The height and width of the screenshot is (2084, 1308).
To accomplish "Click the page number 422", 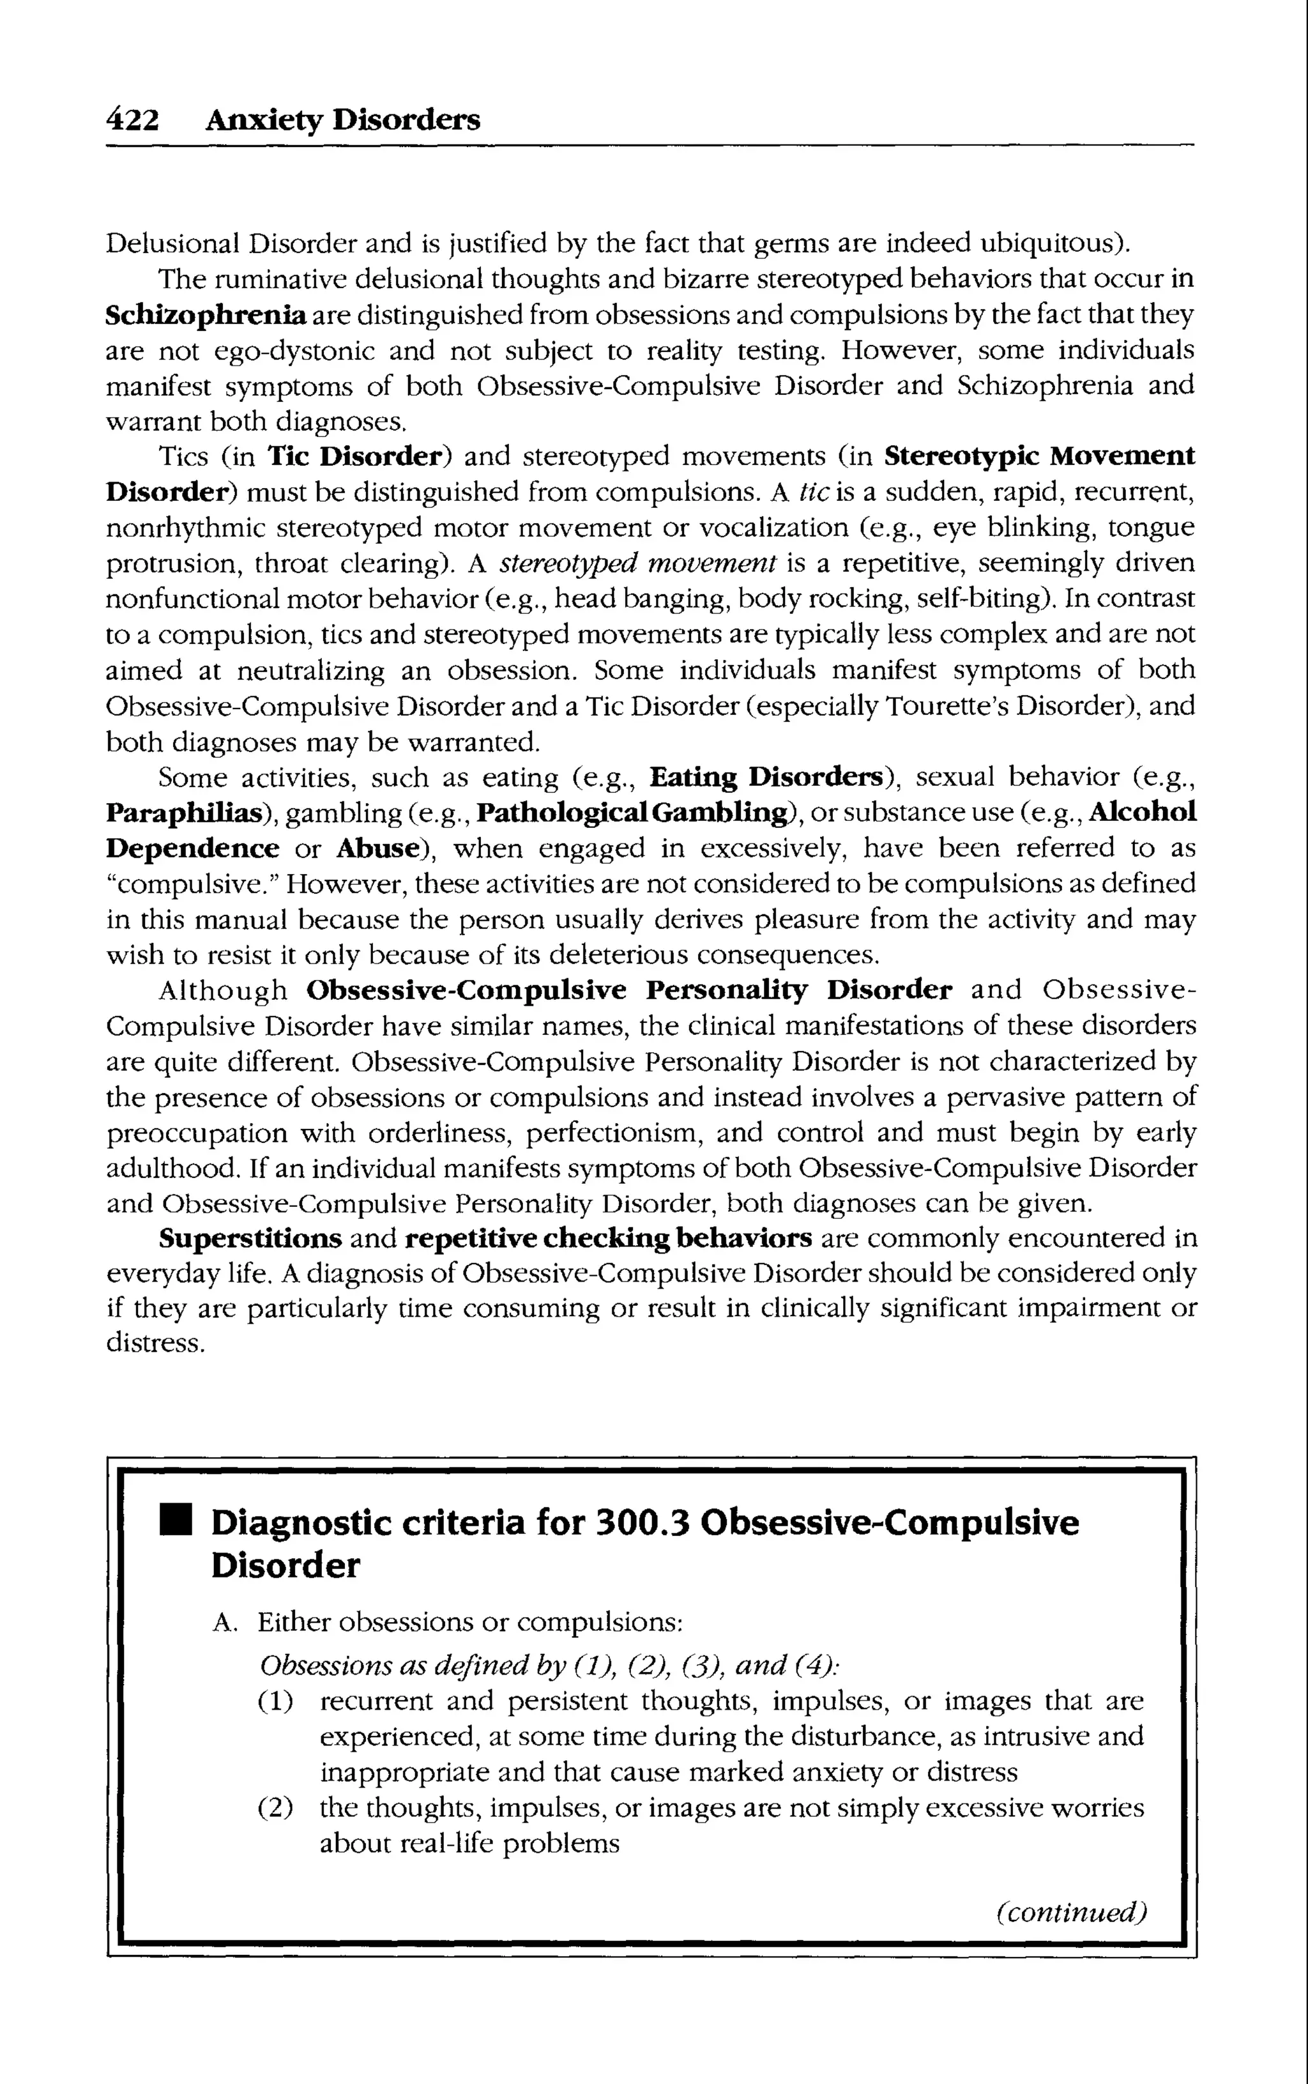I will click(x=132, y=119).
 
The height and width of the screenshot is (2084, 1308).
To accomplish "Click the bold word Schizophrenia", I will click(x=206, y=315).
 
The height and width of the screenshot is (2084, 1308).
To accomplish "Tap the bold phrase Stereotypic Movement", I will click(x=1040, y=456).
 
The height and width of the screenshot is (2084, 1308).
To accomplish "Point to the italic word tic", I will click(x=814, y=491).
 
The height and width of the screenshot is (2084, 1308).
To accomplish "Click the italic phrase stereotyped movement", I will click(x=639, y=563).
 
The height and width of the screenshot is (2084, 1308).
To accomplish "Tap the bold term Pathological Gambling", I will click(x=632, y=812).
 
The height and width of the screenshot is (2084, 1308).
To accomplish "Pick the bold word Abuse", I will click(x=377, y=848).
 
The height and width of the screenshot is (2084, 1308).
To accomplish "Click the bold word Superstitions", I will click(x=250, y=1239).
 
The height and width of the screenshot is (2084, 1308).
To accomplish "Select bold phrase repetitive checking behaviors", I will click(x=608, y=1239).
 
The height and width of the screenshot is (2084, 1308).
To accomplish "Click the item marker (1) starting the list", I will click(x=275, y=1701).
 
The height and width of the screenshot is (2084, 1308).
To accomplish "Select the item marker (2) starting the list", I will click(x=275, y=1808).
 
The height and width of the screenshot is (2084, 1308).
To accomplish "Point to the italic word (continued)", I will click(x=1071, y=1910).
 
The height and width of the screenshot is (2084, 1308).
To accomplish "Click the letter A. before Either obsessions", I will click(x=223, y=1623).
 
